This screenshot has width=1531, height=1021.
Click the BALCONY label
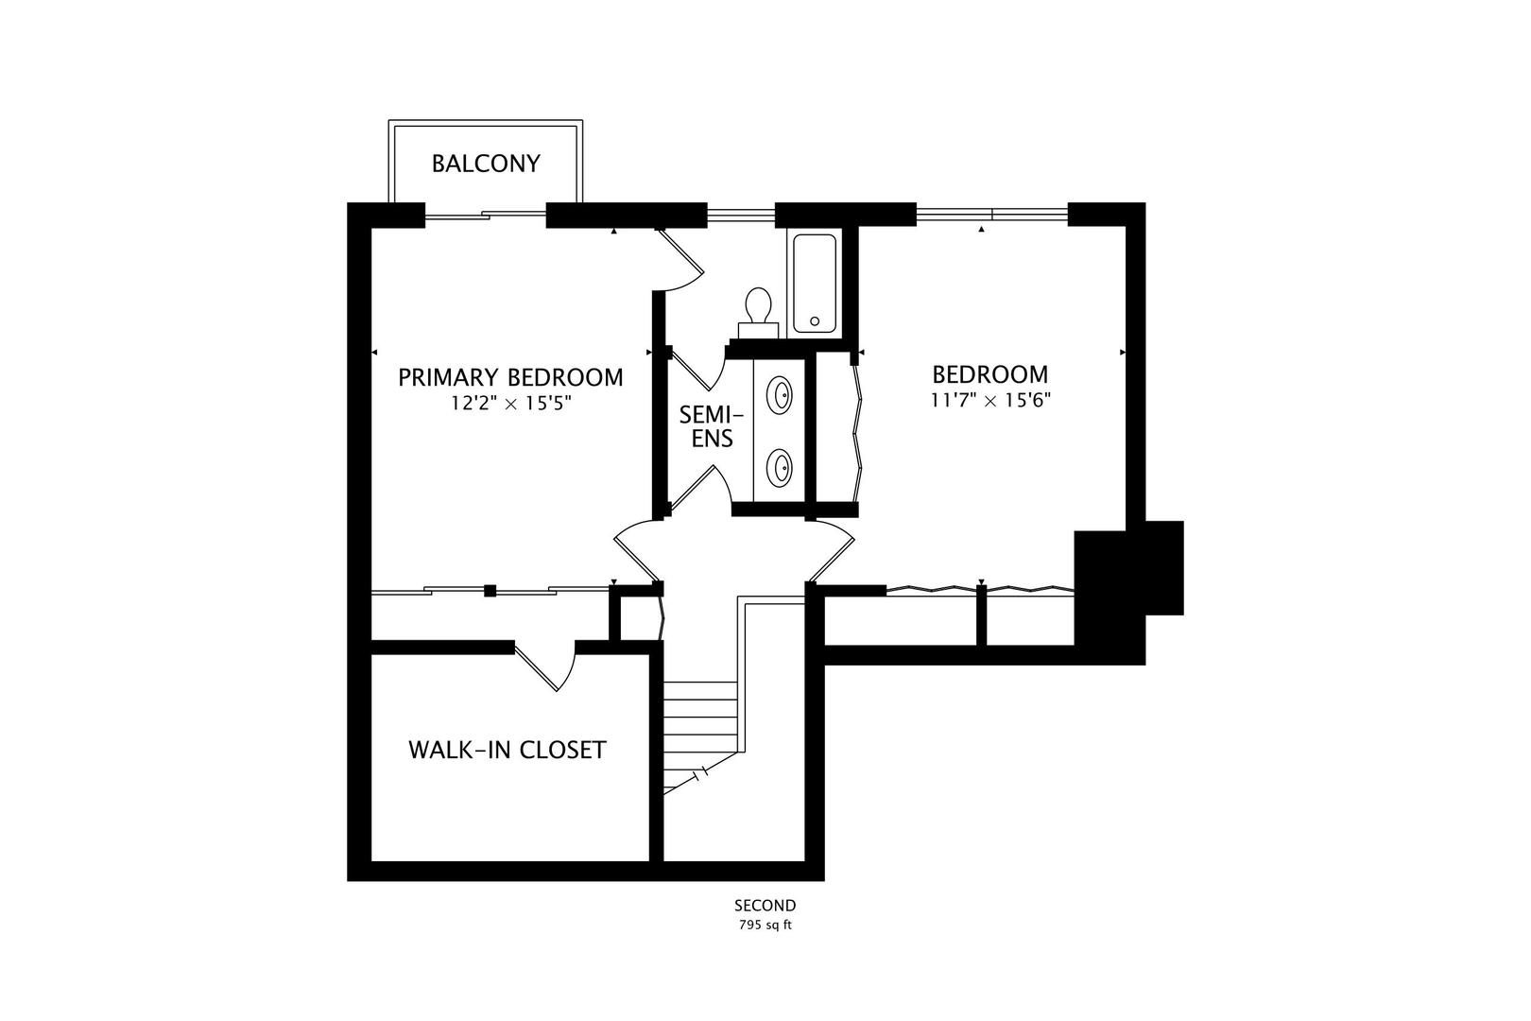pyautogui.click(x=486, y=164)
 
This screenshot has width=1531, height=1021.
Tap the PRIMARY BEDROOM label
pyautogui.click(x=510, y=377)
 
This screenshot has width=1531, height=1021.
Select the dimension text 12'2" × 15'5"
pyautogui.click(x=510, y=404)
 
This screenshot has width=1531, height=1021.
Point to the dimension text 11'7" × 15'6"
pyautogui.click(x=990, y=400)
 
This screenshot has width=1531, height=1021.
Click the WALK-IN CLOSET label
pyautogui.click(x=507, y=750)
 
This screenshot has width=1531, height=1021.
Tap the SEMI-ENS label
pyautogui.click(x=712, y=426)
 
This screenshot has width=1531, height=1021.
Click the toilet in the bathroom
pyautogui.click(x=758, y=310)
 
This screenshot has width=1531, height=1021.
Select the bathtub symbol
pyautogui.click(x=815, y=283)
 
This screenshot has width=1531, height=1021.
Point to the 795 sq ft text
pyautogui.click(x=765, y=925)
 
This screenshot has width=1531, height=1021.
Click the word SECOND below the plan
pyautogui.click(x=765, y=906)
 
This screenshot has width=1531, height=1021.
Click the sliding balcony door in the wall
pyautogui.click(x=485, y=215)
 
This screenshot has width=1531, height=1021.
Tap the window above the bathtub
pyautogui.click(x=741, y=215)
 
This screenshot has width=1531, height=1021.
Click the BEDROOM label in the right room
pyautogui.click(x=989, y=373)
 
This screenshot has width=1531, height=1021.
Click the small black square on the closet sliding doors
pyautogui.click(x=490, y=591)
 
